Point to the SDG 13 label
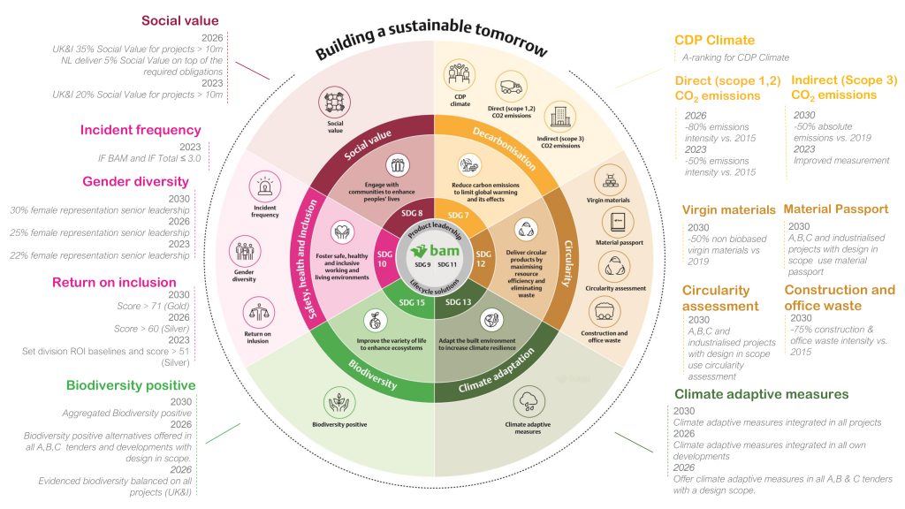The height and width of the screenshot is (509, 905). click(x=459, y=302)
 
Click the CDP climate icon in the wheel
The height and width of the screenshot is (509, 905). click(x=459, y=77)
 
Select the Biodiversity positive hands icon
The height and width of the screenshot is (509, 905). click(x=338, y=402)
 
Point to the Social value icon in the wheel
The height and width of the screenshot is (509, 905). click(x=334, y=102)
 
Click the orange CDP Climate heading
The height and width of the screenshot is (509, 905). click(x=714, y=40)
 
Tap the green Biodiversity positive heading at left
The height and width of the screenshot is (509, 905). click(x=130, y=385)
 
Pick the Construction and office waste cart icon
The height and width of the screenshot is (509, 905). click(x=606, y=311)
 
